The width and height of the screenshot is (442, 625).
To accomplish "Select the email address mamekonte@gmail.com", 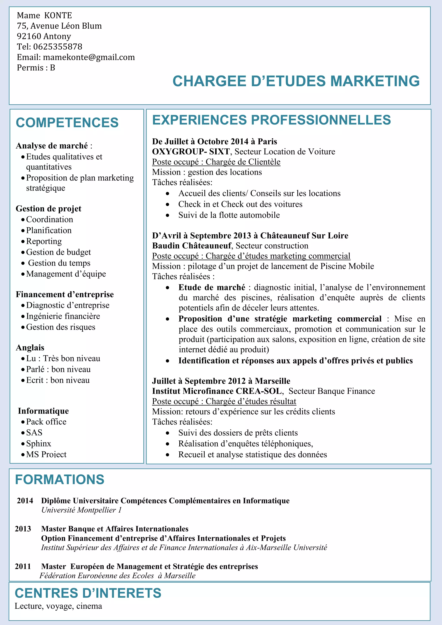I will click(89, 57).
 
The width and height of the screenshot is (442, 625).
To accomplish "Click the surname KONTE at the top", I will click(58, 16).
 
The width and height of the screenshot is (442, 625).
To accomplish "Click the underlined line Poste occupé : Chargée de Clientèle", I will click(216, 162).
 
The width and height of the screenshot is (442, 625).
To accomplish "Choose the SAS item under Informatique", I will click(34, 433).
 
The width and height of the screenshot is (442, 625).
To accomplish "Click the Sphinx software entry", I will click(39, 443).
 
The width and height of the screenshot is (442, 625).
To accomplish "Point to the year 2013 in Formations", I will click(23, 529).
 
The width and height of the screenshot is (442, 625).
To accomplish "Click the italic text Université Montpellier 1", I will click(81, 510).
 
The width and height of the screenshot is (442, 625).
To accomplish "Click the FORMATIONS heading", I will click(60, 479).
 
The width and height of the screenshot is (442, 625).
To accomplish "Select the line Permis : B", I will click(36, 68).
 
